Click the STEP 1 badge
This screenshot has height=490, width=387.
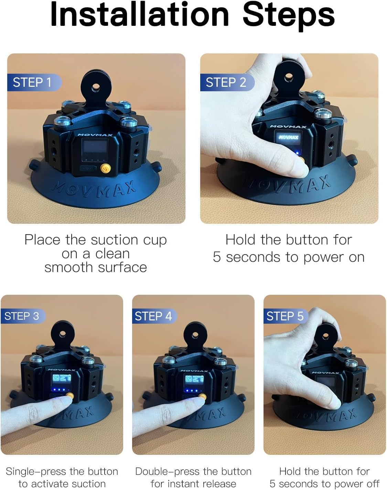click(x=33, y=83)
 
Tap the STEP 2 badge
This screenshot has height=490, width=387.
click(x=226, y=83)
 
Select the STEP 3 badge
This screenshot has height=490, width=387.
click(x=22, y=316)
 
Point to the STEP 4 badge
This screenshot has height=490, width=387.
click(x=153, y=316)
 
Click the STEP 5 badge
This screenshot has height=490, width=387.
click(x=285, y=316)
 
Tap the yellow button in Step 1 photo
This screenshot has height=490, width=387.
click(x=105, y=169)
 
